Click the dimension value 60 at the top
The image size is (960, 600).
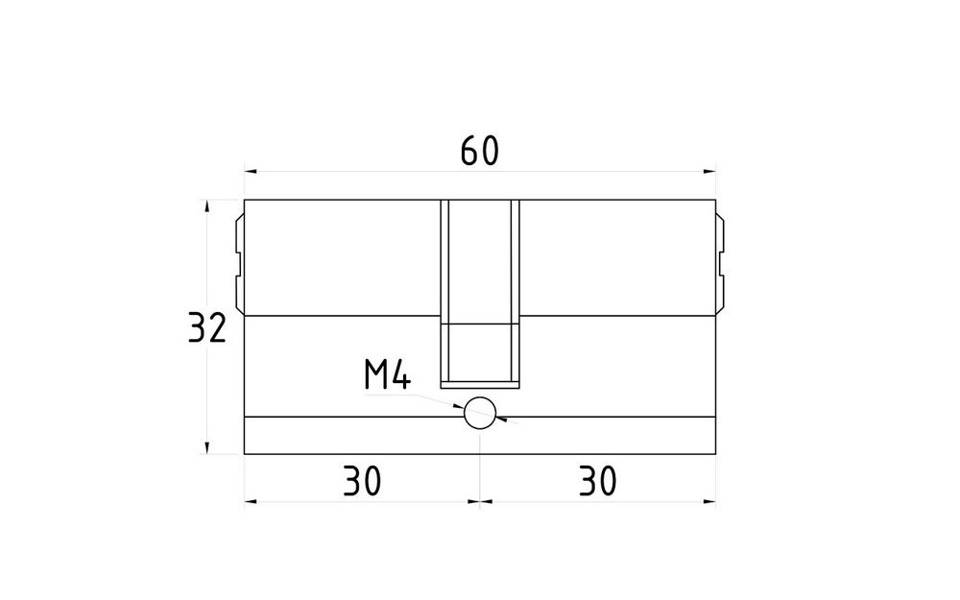pyautogui.click(x=479, y=152)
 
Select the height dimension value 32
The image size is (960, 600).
pyautogui.click(x=207, y=327)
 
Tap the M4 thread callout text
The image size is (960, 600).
pyautogui.click(x=387, y=374)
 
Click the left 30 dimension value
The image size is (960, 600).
pyautogui.click(x=361, y=481)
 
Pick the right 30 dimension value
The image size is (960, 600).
pyautogui.click(x=597, y=481)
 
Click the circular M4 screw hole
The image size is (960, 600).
pyautogui.click(x=480, y=413)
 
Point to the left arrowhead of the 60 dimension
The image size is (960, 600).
pyautogui.click(x=251, y=172)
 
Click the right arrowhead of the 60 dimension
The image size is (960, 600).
pyautogui.click(x=709, y=172)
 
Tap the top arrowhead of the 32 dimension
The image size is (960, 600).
pyautogui.click(x=207, y=206)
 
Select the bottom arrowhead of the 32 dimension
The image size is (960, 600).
pyautogui.click(x=207, y=447)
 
